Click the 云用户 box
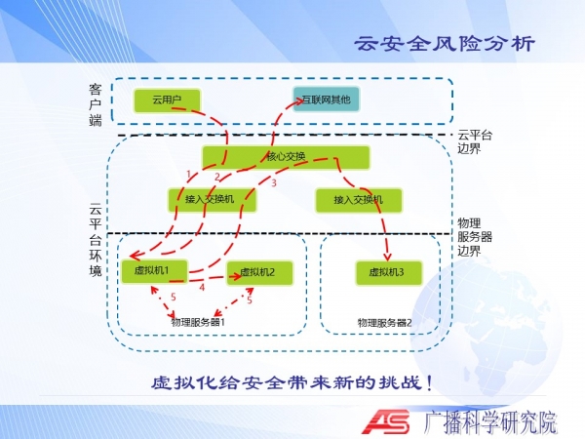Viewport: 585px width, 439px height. pos(167,100)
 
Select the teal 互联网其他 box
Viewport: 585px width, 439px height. pos(326,100)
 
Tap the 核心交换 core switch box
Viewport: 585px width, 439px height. pos(286,157)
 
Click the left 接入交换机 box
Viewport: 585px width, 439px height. pos(212,200)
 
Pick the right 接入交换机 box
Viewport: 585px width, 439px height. pos(359,200)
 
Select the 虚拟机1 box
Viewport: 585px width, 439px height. pos(154,271)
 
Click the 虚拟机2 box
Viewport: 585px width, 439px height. pos(259,272)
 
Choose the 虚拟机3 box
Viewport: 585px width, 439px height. pos(389,272)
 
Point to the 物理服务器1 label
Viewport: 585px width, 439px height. pos(198,322)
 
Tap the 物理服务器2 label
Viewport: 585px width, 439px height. pos(385,323)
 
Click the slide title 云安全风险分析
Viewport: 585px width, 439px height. pos(445,44)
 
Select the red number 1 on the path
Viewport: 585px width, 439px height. pos(189,175)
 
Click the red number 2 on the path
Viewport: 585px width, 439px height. pos(217,177)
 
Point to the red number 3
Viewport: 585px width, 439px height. pos(274,183)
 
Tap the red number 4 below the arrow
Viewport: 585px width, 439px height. pos(202,288)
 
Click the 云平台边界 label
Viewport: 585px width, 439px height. pos(475,141)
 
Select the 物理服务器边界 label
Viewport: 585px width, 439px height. pos(475,237)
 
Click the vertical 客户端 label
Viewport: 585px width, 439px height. pos(96,104)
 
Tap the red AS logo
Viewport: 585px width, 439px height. pos(386,421)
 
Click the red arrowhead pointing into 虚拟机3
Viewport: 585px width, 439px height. pos(388,257)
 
